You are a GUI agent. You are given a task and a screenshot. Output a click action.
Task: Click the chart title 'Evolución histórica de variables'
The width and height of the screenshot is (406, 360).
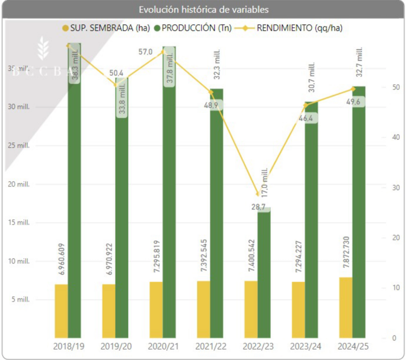pos(203,9)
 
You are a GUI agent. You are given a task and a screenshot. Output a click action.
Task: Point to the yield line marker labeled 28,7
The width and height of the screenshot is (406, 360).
pos(258,194)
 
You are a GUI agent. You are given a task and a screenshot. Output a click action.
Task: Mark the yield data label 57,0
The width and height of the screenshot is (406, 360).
pos(145,51)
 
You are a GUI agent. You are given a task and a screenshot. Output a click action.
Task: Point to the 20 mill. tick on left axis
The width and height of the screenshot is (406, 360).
pos(19,184)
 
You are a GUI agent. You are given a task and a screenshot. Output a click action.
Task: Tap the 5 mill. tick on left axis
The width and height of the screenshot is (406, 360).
pos(20,299)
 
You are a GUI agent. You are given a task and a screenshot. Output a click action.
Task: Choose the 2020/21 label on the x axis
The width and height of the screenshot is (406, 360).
pos(163,347)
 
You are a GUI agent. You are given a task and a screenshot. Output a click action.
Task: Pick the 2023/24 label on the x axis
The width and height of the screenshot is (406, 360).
pos(305,347)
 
